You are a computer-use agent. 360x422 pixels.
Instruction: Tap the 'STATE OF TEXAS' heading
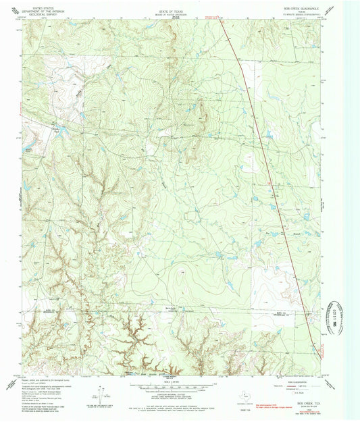point(179,6)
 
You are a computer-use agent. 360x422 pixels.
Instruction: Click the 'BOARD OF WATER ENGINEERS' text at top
point(179,9)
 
